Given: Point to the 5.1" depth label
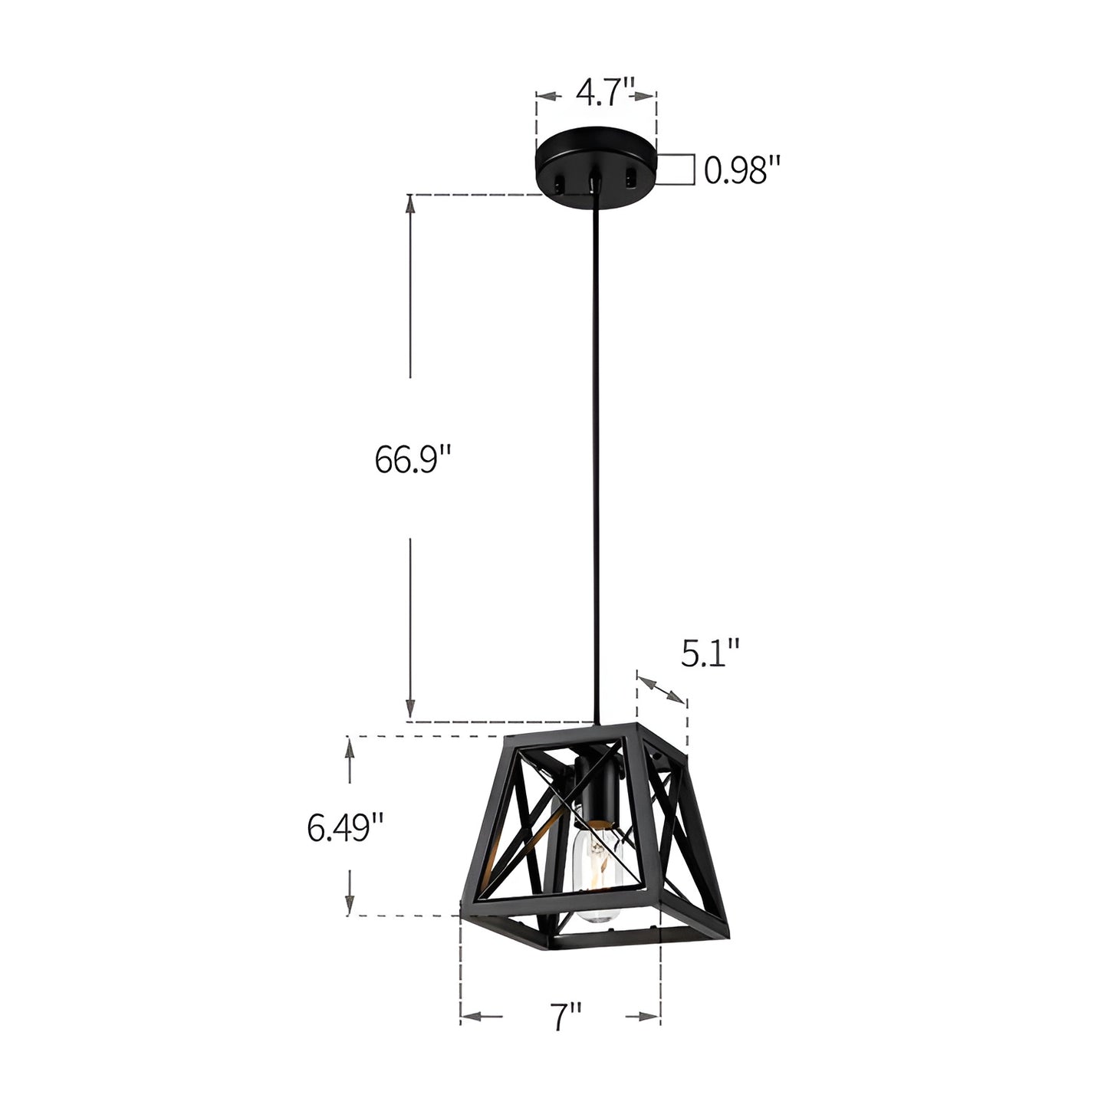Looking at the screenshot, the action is coord(710,653).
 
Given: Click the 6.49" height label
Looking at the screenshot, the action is coord(345,827).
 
